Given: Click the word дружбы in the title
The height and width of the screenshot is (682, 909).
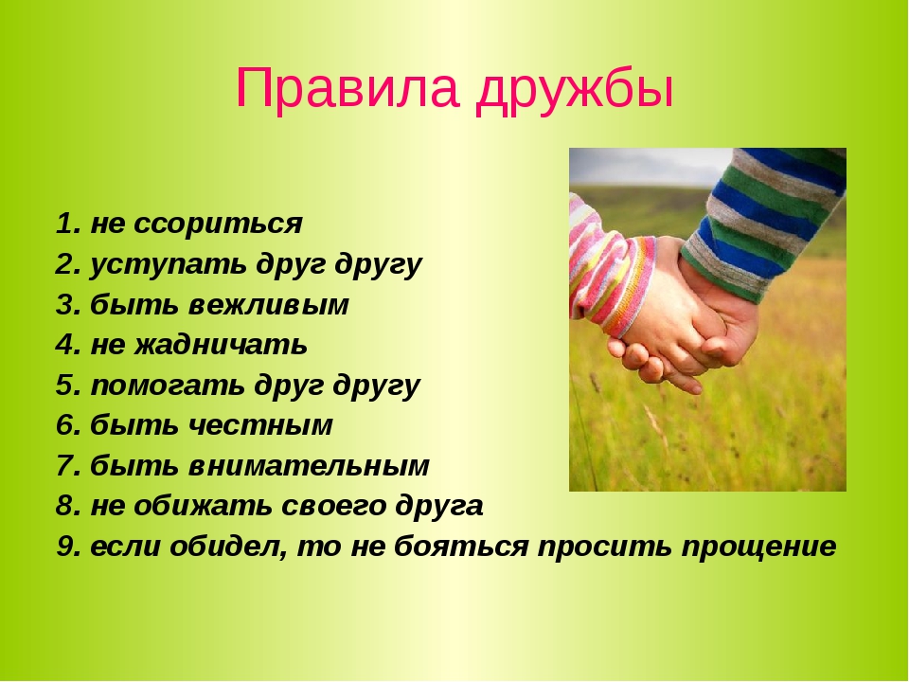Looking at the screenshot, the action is [575, 91].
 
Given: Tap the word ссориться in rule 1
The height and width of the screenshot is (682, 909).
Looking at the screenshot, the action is [218, 224].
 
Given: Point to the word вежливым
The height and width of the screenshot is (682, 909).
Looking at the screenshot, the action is [269, 304].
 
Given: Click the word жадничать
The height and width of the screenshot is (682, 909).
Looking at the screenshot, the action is [221, 345].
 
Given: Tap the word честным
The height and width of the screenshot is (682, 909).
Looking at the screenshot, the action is [260, 425].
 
